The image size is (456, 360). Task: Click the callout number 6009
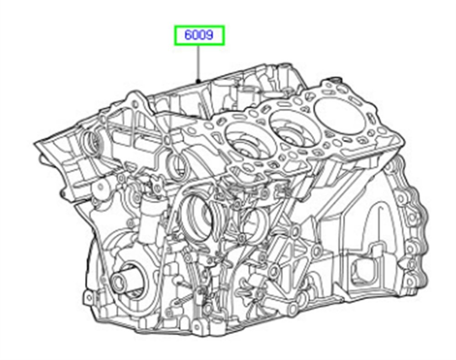tap(199, 35)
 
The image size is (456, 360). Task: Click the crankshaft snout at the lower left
tap(122, 279)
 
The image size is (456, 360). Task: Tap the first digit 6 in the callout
tap(188, 35)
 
